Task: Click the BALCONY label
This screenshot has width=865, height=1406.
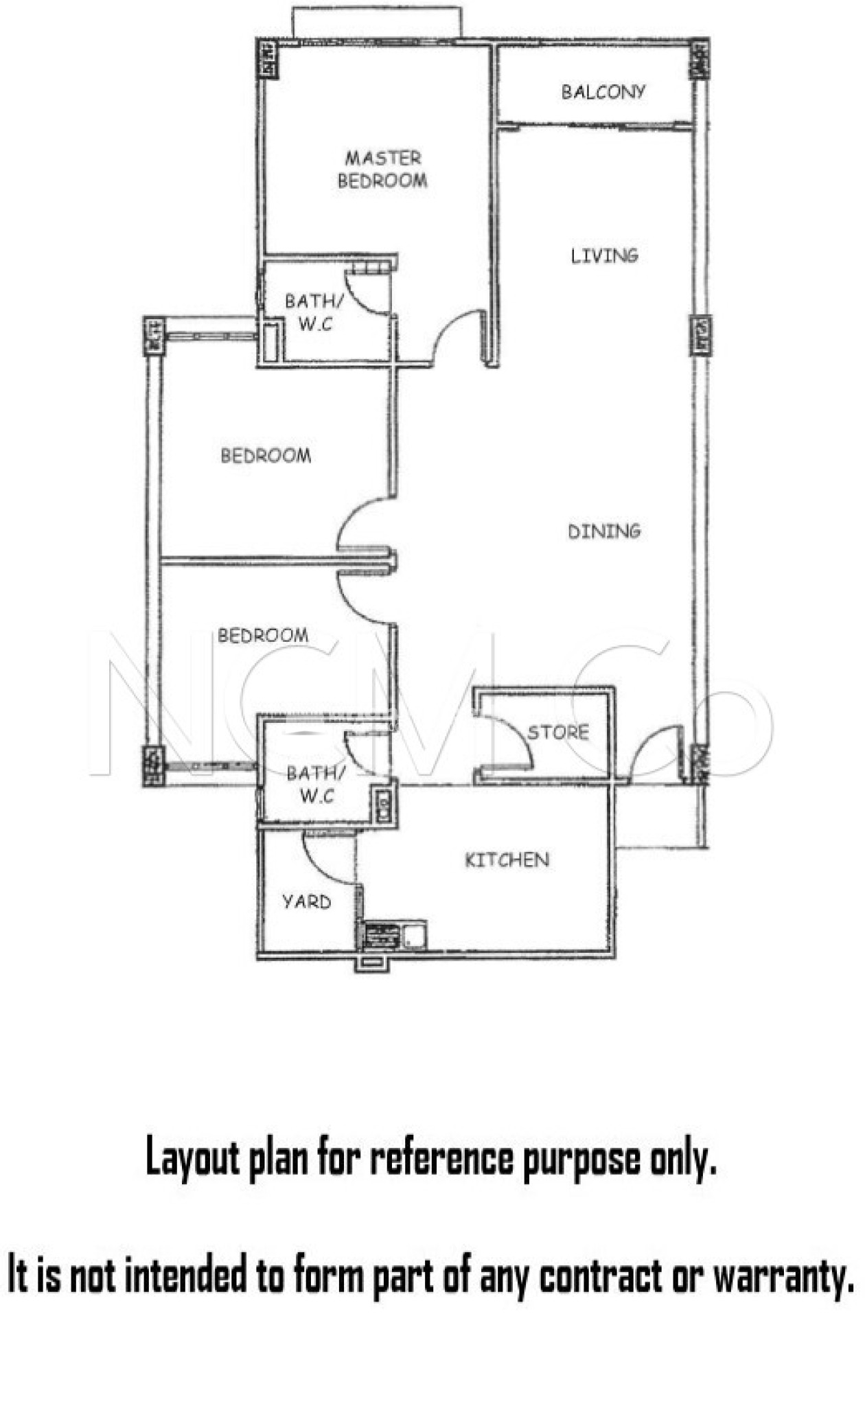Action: click(603, 91)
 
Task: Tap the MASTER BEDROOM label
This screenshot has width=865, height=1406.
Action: click(382, 170)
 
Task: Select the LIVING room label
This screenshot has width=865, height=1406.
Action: click(604, 256)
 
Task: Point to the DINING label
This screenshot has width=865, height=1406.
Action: click(604, 531)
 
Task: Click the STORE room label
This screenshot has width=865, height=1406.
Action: click(558, 733)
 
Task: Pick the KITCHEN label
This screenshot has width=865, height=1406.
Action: click(507, 860)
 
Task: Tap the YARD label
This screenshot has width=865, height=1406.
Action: click(306, 901)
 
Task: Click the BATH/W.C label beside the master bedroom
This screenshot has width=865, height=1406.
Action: click(314, 312)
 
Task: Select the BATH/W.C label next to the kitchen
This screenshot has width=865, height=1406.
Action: click(315, 784)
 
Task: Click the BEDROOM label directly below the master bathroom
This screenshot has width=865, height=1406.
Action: click(266, 455)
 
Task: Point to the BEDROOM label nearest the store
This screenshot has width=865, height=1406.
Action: click(263, 635)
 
